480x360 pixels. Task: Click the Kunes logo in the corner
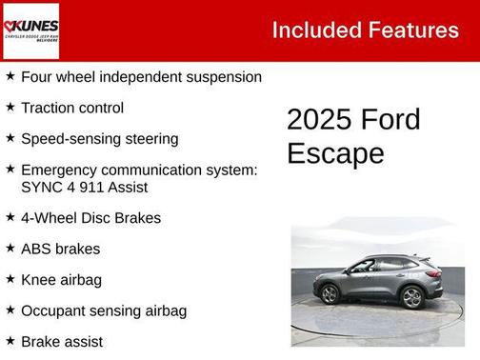click(30, 30)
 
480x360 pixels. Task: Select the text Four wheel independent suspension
click(141, 77)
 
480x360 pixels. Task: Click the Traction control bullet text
click(72, 108)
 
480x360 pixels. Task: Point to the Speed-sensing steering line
click(99, 138)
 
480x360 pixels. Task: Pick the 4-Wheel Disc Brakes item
click(90, 217)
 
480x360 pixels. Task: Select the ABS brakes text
click(60, 249)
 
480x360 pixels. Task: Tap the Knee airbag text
click(61, 279)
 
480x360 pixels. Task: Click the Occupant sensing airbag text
click(104, 310)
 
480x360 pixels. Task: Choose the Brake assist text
click(62, 341)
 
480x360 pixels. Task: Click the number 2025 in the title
click(319, 121)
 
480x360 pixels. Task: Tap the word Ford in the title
click(391, 121)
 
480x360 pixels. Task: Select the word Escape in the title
click(336, 153)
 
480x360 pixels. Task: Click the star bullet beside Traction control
click(10, 107)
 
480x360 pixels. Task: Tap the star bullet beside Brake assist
click(10, 340)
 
